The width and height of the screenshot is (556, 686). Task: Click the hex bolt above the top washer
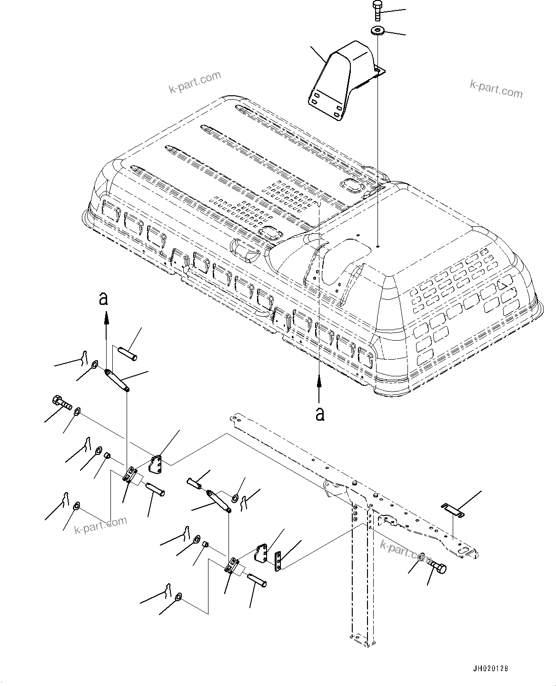[x=377, y=10]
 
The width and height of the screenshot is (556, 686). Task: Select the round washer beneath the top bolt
[x=378, y=31]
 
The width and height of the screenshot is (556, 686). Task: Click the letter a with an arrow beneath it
[x=103, y=299]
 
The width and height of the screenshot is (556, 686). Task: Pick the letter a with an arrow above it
[x=320, y=414]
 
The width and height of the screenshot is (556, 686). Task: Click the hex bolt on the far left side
[x=60, y=403]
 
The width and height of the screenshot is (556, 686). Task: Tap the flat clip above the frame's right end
[x=453, y=509]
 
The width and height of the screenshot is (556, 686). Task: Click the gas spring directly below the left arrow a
[x=117, y=383]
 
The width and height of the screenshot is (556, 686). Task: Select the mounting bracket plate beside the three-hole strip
[x=262, y=555]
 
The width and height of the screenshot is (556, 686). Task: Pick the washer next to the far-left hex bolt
[x=78, y=411]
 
